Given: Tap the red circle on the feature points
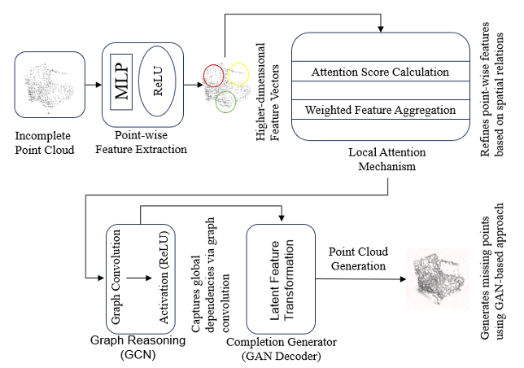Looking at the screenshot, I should [x=215, y=74].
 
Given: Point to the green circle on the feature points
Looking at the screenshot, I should [x=226, y=103].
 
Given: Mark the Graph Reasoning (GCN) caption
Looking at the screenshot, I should [x=134, y=348].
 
